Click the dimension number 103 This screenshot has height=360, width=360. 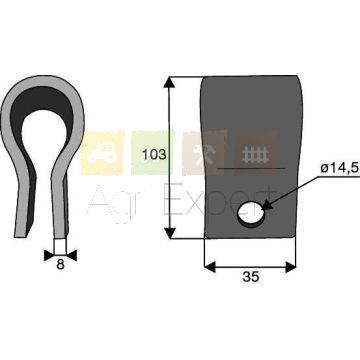point(154,155)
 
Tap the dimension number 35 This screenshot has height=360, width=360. point(251,277)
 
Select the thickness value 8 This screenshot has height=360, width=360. point(60,265)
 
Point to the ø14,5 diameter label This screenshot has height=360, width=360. point(340,168)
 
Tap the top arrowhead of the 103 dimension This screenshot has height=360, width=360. point(169,82)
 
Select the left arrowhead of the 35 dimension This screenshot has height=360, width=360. point(210,267)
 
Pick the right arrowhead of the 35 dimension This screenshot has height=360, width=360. point(290,267)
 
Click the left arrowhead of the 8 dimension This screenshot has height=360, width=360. point(49,256)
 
